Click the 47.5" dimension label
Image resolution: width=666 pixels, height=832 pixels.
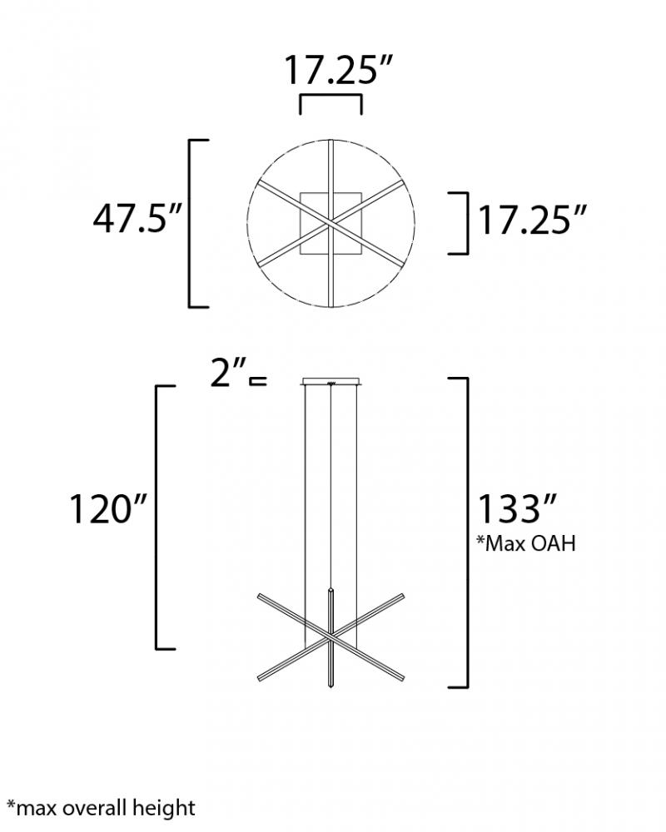click(137, 219)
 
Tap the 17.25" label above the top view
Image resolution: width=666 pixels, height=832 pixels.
click(339, 70)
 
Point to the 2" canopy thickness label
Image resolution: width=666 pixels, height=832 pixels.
click(228, 373)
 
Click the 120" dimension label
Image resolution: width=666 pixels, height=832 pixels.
click(108, 509)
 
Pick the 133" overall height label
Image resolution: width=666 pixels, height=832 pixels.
click(518, 508)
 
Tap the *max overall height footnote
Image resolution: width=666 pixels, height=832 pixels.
click(101, 808)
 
